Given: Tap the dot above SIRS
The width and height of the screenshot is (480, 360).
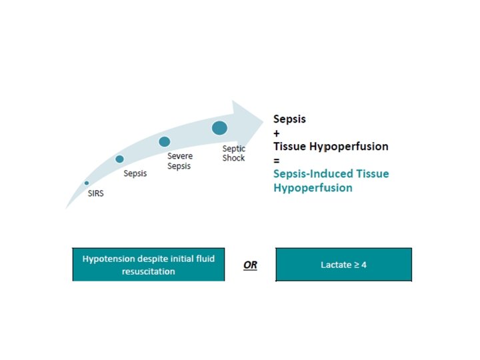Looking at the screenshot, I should tap(87, 183).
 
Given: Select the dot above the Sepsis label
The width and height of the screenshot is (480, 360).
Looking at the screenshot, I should tap(119, 159).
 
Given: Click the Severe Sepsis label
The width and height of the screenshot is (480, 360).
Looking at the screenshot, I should tap(179, 161).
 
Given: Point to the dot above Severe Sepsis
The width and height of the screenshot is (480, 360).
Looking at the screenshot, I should tap(165, 141).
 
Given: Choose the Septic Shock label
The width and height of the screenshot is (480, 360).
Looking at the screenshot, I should tap(233, 153).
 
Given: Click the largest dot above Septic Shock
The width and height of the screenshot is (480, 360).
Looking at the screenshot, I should tap(219, 127).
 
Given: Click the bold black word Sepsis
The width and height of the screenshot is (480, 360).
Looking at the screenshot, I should tap(289, 119).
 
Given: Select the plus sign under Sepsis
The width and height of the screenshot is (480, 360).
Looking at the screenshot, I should tap(277, 133).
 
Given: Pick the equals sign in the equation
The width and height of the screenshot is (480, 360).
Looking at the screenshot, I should tap(277, 160).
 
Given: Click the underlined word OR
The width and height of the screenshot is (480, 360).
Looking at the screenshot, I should tap(250, 265).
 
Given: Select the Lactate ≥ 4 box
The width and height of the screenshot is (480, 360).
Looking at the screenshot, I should tap(343, 264).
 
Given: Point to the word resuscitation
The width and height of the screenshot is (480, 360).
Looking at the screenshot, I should tap(149, 271).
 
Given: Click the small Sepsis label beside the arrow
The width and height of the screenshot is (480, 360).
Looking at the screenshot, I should tap(135, 173).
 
